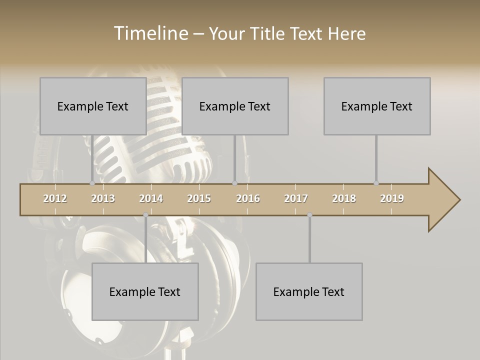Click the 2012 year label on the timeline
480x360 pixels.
click(x=55, y=198)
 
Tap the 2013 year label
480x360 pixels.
click(x=103, y=198)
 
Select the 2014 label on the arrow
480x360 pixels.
click(x=151, y=198)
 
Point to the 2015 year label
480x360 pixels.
click(x=199, y=198)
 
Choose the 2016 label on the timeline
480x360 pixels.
click(x=248, y=198)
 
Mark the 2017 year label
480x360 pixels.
click(x=296, y=198)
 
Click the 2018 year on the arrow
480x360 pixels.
click(x=344, y=198)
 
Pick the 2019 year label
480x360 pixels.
click(x=392, y=198)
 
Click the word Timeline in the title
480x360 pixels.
click(x=151, y=33)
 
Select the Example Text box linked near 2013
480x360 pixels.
click(x=93, y=106)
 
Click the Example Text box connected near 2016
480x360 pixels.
click(x=235, y=106)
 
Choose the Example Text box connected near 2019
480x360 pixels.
click(x=377, y=106)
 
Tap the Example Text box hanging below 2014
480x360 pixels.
click(x=145, y=291)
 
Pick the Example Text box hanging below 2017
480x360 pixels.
click(x=309, y=291)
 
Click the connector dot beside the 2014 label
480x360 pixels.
click(x=145, y=215)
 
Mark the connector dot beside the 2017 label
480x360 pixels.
click(x=309, y=215)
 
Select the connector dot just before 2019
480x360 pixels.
click(x=376, y=183)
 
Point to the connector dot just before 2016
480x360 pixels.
click(x=234, y=183)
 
